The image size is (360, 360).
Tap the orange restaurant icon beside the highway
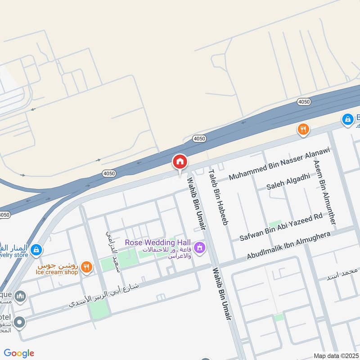pyautogui.click(x=304, y=130)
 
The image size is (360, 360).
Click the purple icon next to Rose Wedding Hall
pyautogui.click(x=200, y=247)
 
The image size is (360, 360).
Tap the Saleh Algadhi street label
pyautogui.click(x=288, y=181)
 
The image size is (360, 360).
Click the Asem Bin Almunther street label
pyautogui.click(x=324, y=192)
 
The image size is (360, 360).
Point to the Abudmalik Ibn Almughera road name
pyautogui.click(x=288, y=246)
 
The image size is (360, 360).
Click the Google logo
pyautogui.click(x=19, y=353)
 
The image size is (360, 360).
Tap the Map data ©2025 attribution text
pyautogui.click(x=336, y=355)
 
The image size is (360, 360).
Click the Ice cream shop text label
pyautogui.click(x=57, y=272)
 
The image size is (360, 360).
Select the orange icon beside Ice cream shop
pyautogui.click(x=88, y=267)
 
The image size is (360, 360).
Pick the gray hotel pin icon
pyautogui.click(x=19, y=322)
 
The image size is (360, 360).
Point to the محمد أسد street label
pyautogui.click(x=343, y=274)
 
